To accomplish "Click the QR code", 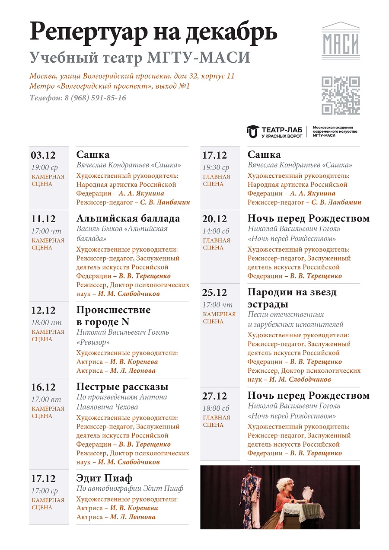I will point(341,96).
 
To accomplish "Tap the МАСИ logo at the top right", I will point(341,41).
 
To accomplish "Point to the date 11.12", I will point(43,219).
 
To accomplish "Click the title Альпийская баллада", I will point(128,218).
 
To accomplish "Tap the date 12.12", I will point(43,310).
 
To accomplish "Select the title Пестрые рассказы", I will point(122,387).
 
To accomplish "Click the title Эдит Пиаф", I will point(104,478).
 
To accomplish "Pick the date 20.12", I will point(214,219).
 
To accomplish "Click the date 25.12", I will point(214,293).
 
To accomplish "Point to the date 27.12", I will point(214,396).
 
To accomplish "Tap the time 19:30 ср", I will point(216,167).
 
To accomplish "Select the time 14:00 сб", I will point(216,231).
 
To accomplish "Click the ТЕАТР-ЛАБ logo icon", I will point(252,131).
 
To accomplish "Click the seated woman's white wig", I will point(286,483).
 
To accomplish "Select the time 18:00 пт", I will point(46,323).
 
